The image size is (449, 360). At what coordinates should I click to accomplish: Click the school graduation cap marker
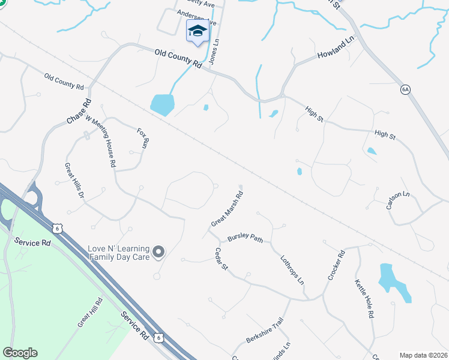point(197,31)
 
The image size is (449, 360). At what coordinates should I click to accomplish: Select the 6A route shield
point(405,89)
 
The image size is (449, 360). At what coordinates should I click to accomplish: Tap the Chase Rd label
point(79,112)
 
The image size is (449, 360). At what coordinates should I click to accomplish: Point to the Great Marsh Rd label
point(227,209)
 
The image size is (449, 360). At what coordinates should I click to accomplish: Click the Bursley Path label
point(245,238)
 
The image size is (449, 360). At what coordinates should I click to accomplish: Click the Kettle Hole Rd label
point(364,298)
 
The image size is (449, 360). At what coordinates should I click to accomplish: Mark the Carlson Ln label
point(398,199)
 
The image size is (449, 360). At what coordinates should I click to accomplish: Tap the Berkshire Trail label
point(264,333)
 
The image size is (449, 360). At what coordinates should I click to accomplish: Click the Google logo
point(20,353)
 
